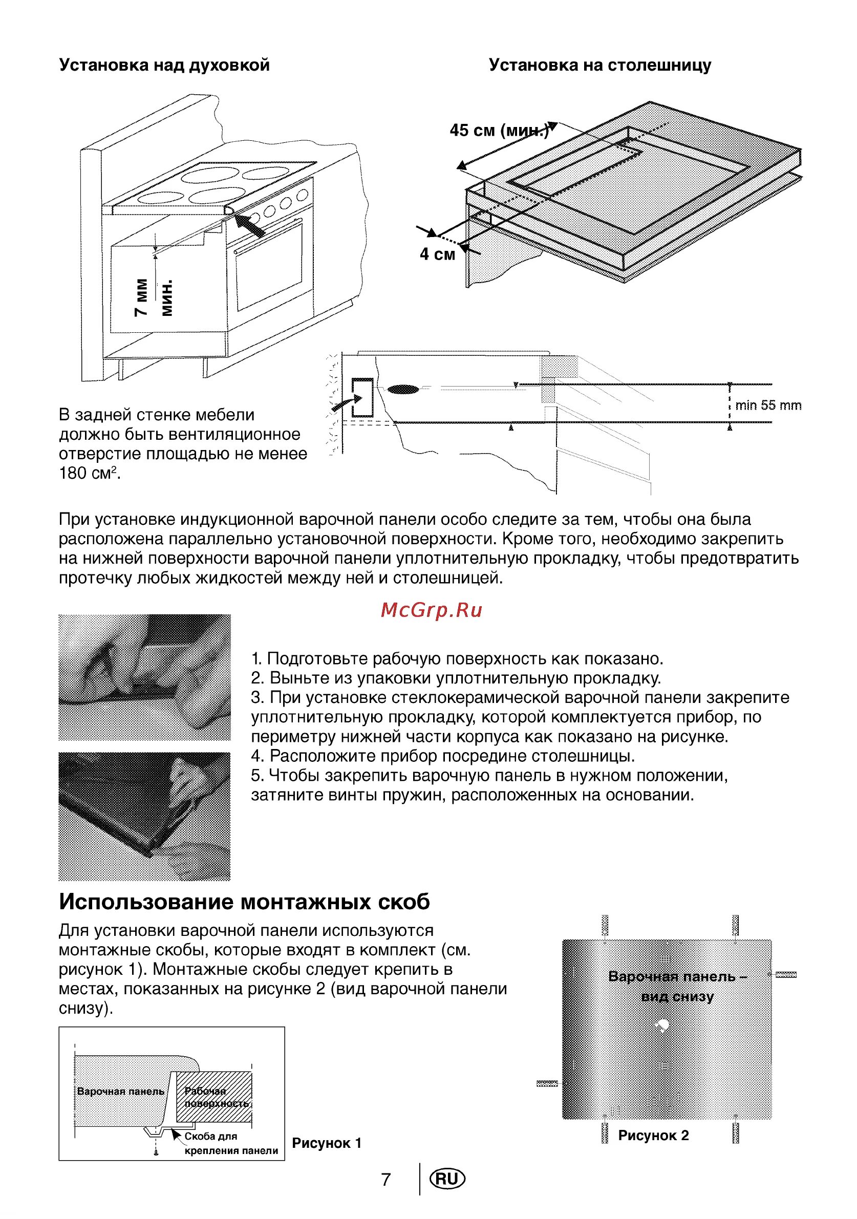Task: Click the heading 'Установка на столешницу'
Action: click(599, 66)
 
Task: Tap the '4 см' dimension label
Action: click(437, 254)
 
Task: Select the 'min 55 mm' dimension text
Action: click(768, 405)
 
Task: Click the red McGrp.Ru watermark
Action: click(431, 611)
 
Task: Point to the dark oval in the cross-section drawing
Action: click(403, 389)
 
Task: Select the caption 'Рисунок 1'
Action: click(327, 1143)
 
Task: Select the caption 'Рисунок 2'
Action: click(653, 1136)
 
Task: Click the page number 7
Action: click(386, 1180)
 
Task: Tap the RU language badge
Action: click(447, 1179)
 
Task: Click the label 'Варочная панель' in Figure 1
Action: click(120, 1091)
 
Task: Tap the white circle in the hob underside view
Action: click(662, 1024)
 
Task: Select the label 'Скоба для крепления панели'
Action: click(231, 1143)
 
